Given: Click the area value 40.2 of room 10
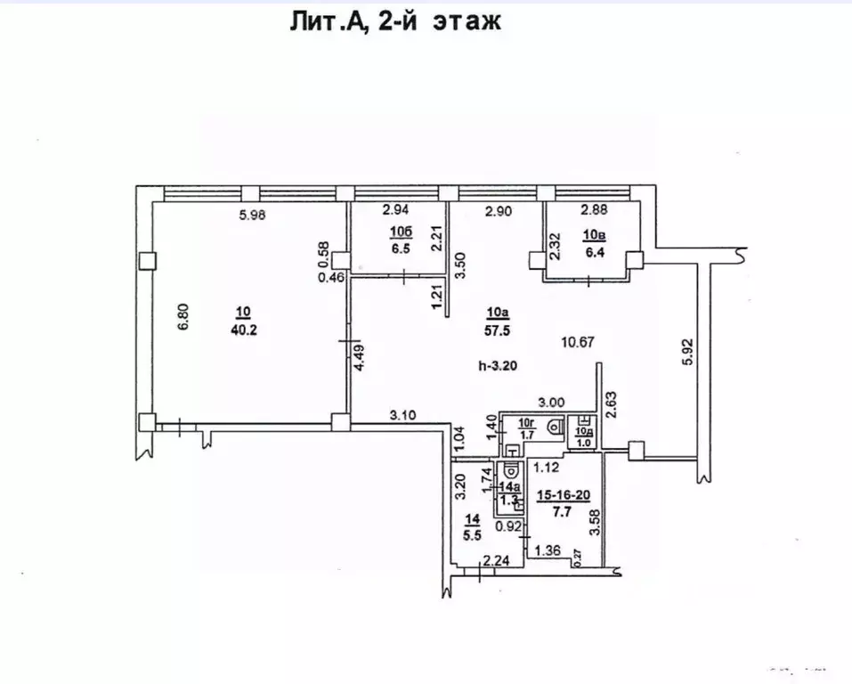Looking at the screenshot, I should (243, 329).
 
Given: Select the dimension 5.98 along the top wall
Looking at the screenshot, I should (254, 214).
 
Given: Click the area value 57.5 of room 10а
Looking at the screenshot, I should (498, 329).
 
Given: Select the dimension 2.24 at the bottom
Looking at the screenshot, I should (496, 560).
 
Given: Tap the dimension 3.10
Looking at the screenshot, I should (404, 414).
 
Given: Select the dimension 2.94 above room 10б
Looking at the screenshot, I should (396, 211).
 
